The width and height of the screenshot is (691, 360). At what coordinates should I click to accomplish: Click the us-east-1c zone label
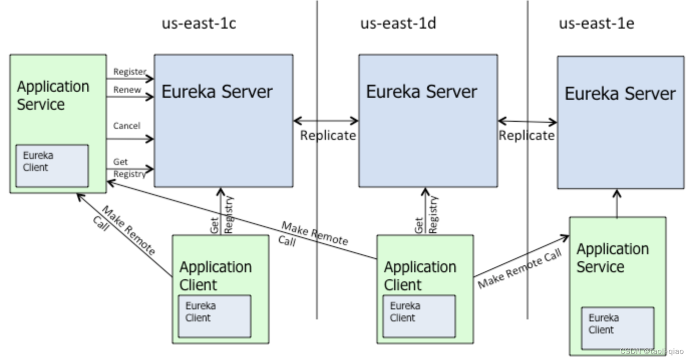pos(199,24)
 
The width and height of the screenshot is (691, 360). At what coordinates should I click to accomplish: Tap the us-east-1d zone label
pos(398,24)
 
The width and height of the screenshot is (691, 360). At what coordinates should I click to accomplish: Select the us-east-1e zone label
pos(597,24)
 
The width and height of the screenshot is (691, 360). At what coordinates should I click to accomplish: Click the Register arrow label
pos(129,72)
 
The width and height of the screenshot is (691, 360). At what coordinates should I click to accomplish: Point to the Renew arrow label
pos(127,90)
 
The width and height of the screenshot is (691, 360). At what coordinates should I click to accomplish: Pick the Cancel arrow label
pos(126,126)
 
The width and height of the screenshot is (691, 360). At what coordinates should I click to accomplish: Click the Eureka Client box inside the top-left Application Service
pos(52,166)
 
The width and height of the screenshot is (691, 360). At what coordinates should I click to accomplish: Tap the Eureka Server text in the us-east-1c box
pos(217,92)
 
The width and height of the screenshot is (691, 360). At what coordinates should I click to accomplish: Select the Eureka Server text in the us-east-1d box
pos(421,92)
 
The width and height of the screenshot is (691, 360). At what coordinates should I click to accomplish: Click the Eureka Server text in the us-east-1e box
pos(620,93)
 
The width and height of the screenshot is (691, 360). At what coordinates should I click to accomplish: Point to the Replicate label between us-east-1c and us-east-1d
pos(328,135)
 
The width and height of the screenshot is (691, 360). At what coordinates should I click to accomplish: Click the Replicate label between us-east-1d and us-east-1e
pos(527,135)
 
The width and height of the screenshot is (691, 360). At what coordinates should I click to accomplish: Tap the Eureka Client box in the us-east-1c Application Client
pos(215,316)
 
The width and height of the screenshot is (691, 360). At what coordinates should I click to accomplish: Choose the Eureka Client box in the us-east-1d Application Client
pos(419,316)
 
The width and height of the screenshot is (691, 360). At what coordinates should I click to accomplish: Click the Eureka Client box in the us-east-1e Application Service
pos(618,328)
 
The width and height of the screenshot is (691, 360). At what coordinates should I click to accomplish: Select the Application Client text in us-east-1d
pos(420,276)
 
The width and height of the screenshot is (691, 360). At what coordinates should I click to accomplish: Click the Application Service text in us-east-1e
pos(613,258)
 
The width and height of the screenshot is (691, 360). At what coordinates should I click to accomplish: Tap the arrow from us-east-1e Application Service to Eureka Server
pos(617,204)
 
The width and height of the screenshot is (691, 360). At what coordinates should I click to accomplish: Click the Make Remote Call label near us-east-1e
pos(520,268)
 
